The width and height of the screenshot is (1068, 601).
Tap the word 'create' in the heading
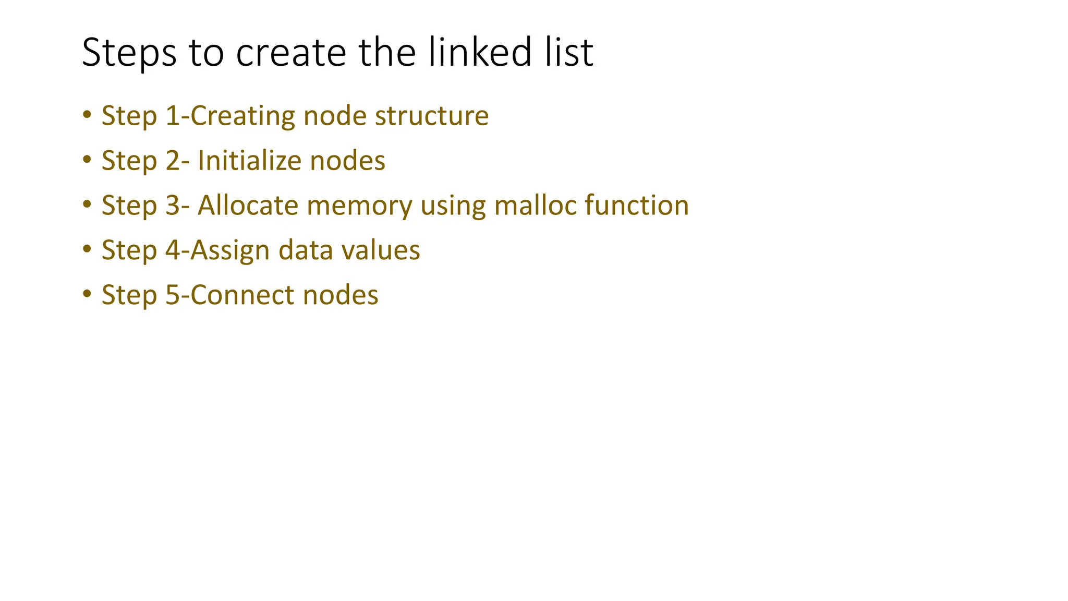click(291, 52)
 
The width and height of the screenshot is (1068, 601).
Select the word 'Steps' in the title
click(129, 52)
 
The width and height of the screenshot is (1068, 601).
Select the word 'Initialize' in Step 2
click(249, 161)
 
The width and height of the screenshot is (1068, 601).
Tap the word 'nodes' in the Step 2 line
click(347, 161)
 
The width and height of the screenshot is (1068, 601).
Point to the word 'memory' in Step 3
click(359, 206)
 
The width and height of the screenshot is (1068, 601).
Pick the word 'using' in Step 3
click(453, 206)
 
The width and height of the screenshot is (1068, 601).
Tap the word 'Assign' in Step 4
click(230, 250)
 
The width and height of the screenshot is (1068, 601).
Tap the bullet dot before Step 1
click(87, 114)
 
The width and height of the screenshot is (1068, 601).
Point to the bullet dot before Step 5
click(87, 294)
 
